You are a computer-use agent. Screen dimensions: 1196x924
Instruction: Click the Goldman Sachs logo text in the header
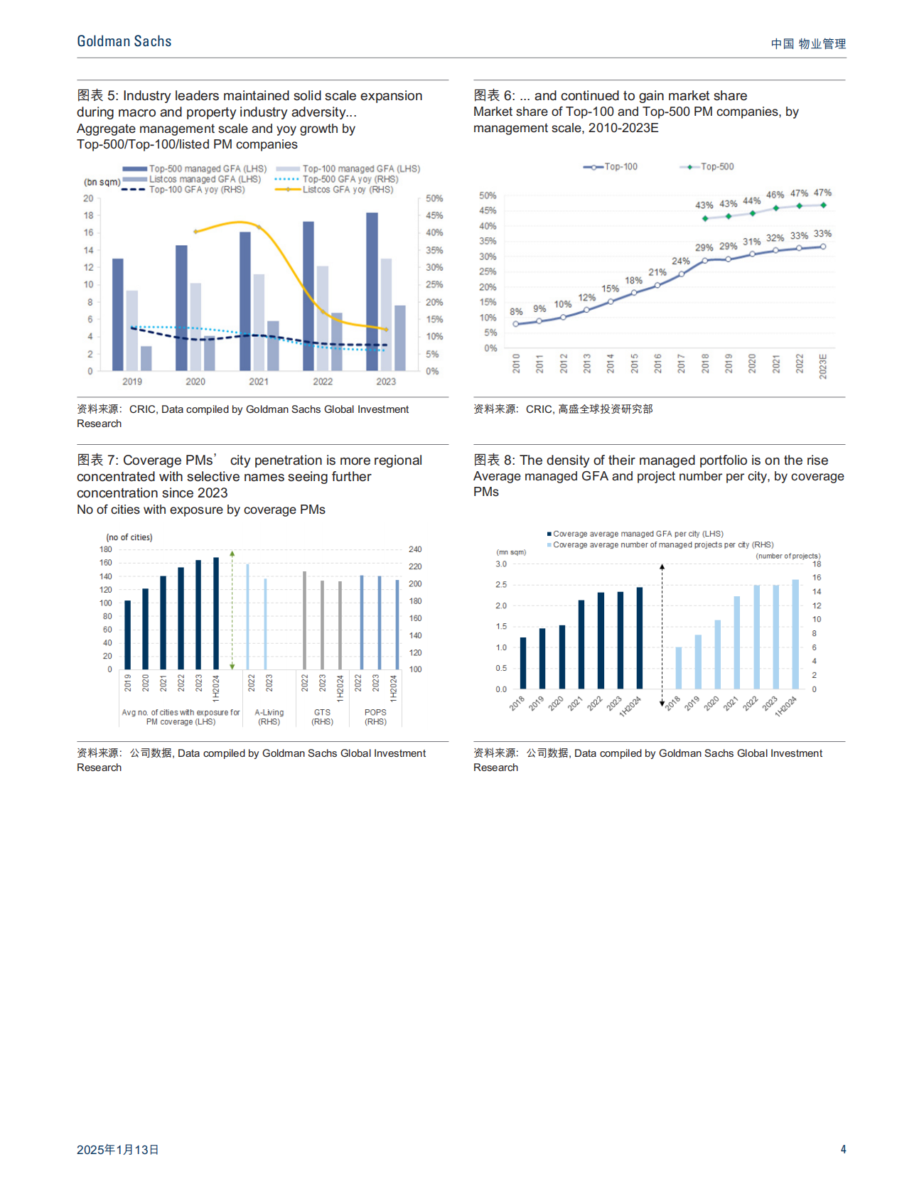pos(124,41)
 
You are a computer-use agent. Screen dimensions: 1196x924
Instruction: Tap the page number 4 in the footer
pos(843,1149)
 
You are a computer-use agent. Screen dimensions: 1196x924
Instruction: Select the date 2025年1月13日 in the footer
pos(118,1149)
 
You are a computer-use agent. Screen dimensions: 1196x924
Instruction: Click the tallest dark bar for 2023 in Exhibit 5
pos(372,291)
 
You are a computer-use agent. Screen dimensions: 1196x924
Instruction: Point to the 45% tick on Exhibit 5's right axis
pos(434,215)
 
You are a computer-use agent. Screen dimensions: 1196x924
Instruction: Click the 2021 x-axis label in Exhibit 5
pos(259,382)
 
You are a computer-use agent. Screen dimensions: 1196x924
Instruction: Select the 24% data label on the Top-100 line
pos(681,262)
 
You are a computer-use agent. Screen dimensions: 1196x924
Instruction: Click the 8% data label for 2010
pos(516,312)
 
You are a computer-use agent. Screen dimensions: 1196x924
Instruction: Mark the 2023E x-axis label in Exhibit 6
pos(823,366)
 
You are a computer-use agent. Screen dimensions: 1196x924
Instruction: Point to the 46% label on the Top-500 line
pos(775,195)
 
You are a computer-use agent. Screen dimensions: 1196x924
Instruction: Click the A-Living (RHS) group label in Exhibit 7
pos(269,717)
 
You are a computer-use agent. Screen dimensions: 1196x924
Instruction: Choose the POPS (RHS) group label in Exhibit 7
pos(375,717)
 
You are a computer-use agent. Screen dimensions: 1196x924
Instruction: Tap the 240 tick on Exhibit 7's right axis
pos(415,549)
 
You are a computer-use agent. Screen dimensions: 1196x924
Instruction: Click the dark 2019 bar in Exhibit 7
pos(128,635)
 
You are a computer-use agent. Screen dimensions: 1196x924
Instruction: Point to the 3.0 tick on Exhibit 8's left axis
pos(501,564)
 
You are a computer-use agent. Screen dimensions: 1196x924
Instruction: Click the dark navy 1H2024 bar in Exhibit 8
pos(640,637)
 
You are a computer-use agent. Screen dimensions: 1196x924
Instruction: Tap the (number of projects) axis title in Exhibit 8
pos(788,556)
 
